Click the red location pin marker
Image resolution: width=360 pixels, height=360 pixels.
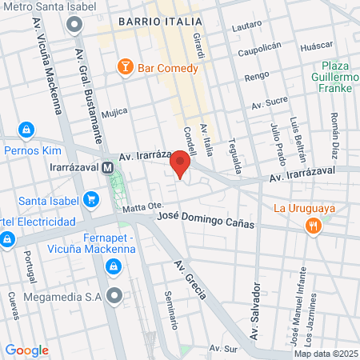pos(180,163)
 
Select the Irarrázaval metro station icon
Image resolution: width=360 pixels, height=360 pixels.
pos(106,167)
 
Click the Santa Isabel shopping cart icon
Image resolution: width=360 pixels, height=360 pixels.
pos(91,199)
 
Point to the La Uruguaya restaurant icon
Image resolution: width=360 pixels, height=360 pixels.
pos(313,226)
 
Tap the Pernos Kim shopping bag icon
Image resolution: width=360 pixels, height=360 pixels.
pos(27,129)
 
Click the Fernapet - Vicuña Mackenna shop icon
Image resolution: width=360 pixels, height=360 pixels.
pos(114,265)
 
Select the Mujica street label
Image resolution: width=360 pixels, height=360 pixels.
pos(114,113)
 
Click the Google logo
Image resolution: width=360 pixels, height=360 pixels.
pos(26,350)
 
